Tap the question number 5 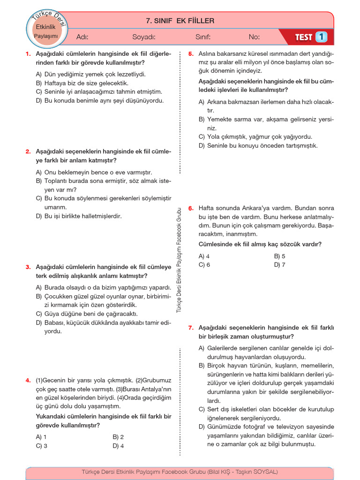click(191, 54)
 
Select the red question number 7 click(191, 328)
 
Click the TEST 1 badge click(310, 37)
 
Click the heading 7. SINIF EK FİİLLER click(180, 21)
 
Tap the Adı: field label click(82, 37)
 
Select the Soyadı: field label click(144, 37)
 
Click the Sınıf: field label click(203, 37)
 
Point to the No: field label click(254, 37)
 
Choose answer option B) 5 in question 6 click(280, 256)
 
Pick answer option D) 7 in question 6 click(280, 265)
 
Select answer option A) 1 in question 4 click(41, 437)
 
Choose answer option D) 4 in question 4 click(118, 446)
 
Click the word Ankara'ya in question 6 click(259, 208)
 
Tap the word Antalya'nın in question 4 click(156, 389)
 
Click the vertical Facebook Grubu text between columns click(179, 260)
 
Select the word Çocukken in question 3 click(59, 296)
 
